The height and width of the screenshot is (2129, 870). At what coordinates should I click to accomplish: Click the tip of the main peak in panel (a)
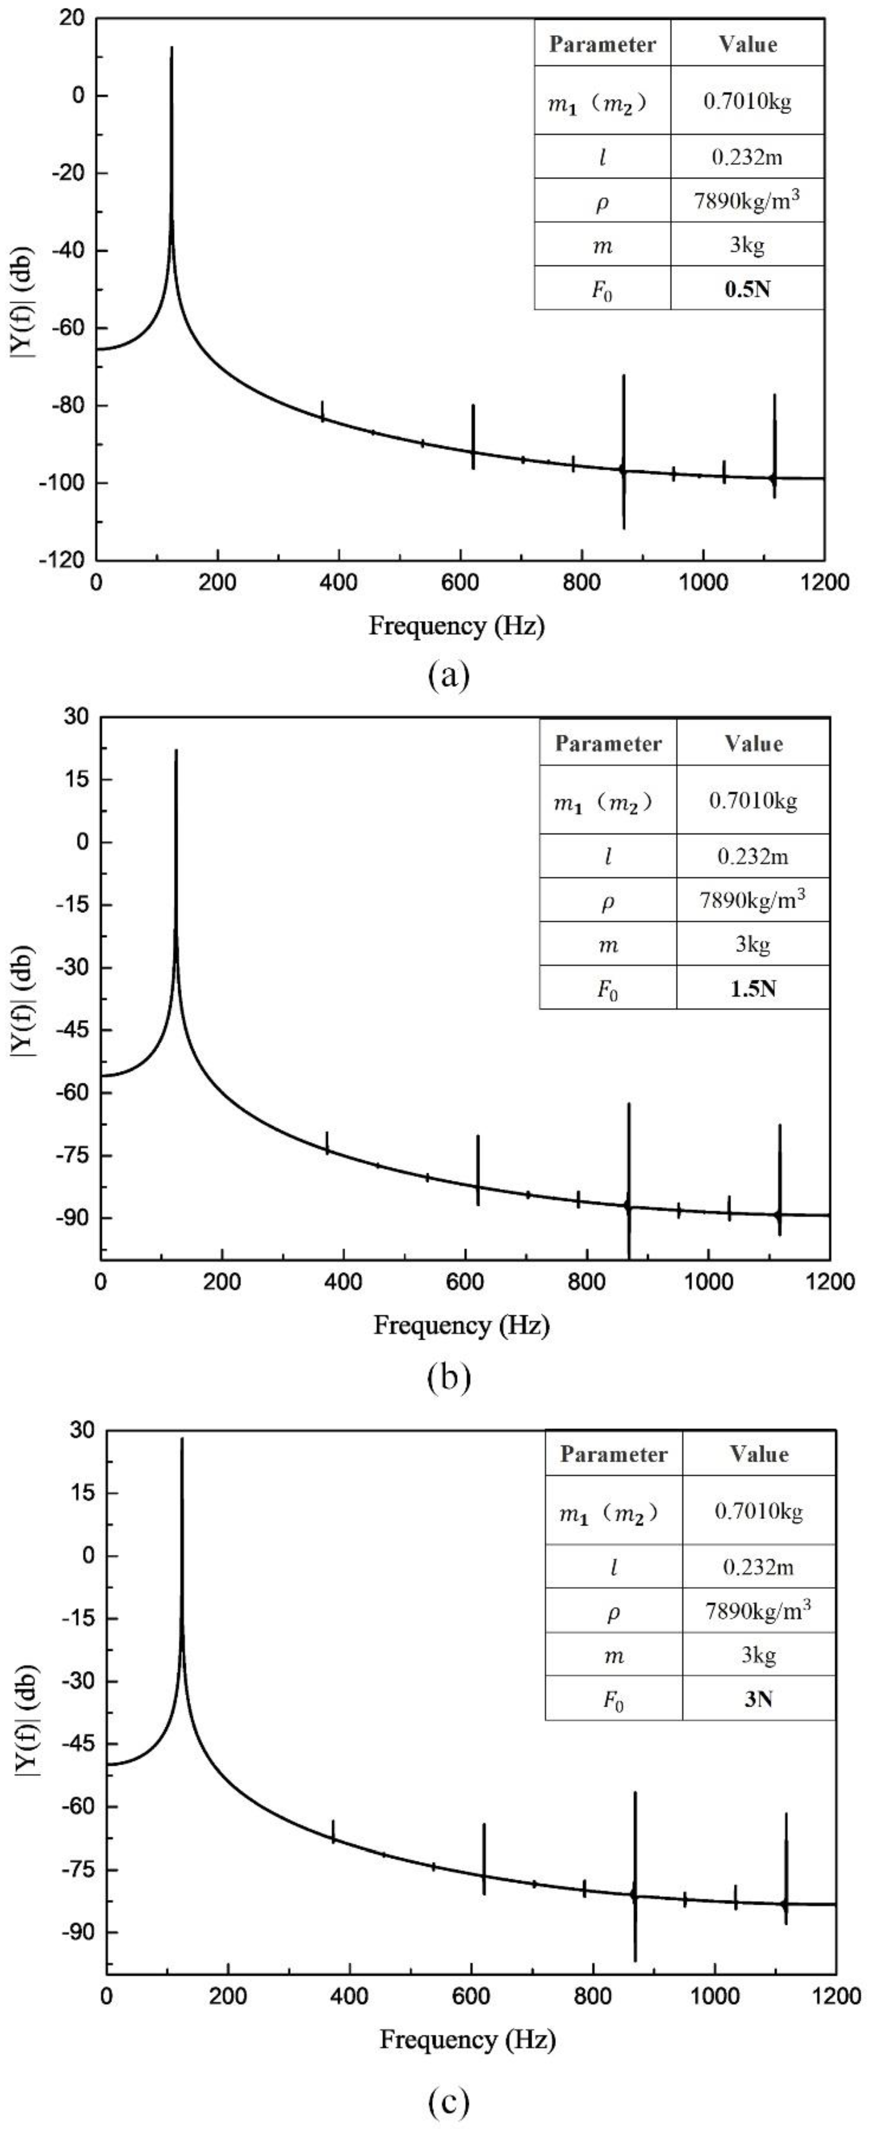click(172, 48)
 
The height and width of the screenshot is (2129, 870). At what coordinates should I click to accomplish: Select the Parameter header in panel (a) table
click(602, 44)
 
